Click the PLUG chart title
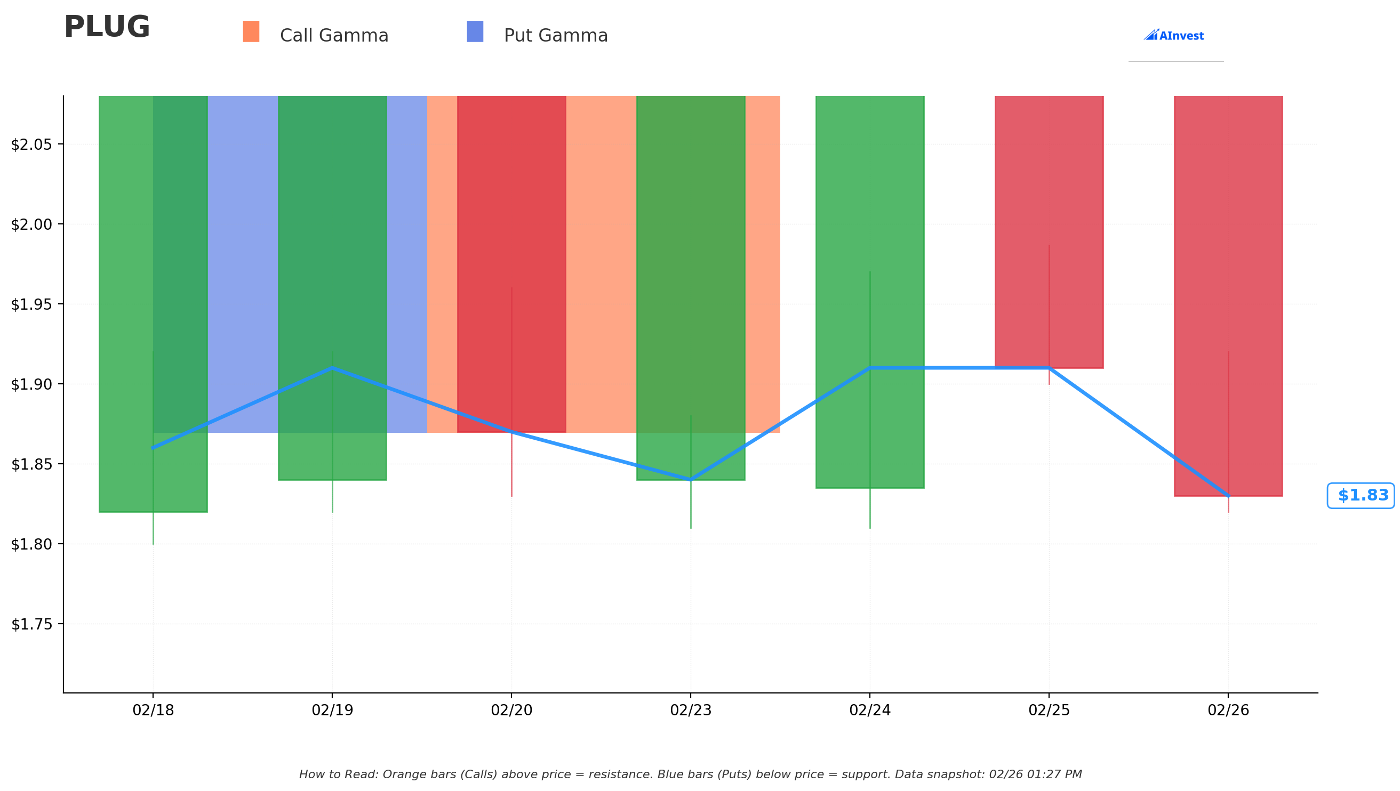pos(107,27)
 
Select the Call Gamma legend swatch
pos(251,31)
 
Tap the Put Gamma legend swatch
pos(475,31)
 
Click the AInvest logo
pos(1174,35)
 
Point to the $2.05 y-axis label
pos(31,144)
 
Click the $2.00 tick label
pos(31,224)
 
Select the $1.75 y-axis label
pos(31,624)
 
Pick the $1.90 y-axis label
pos(31,385)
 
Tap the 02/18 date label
pos(153,710)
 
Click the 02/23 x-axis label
pos(691,710)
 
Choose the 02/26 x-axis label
pos(1228,710)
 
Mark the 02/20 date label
pos(511,710)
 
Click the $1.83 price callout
pos(1361,496)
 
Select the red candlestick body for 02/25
pos(1049,232)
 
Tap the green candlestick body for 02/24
pos(869,292)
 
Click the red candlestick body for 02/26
pos(1228,296)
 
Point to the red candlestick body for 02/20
pos(511,264)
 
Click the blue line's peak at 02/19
pos(333,368)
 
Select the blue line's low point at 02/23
pos(691,480)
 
